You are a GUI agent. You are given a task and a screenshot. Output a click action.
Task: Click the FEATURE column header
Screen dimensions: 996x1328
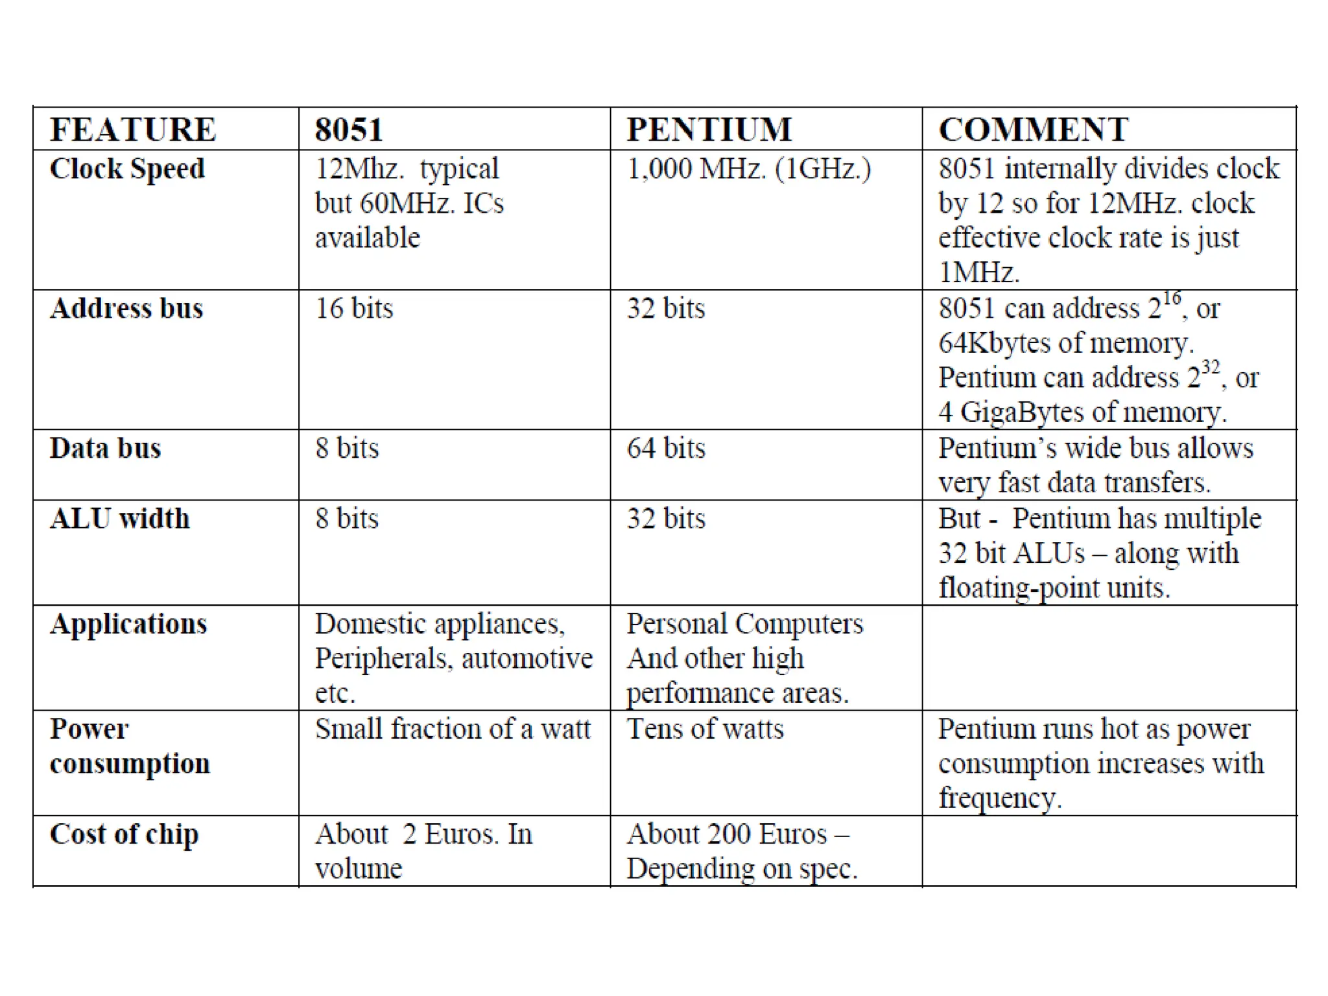pos(133,129)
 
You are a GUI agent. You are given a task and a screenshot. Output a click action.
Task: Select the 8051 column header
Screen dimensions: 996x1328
pos(349,129)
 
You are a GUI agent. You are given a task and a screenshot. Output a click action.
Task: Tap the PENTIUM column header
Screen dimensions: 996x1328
pos(709,129)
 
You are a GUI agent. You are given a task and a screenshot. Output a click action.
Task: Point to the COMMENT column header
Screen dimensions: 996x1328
pos(1034,129)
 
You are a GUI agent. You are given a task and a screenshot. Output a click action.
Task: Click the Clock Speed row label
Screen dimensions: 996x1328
pos(127,169)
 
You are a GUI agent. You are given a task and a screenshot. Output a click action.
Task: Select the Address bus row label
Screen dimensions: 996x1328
pos(126,308)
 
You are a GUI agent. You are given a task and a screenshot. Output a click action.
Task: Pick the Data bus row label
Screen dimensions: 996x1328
pos(105,448)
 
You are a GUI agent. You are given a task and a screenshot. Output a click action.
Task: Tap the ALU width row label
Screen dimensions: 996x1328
pos(120,519)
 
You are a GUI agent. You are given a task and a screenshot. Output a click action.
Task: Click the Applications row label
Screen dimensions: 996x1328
pos(128,624)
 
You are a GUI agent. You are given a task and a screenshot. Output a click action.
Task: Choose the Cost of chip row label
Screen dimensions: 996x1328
pos(124,835)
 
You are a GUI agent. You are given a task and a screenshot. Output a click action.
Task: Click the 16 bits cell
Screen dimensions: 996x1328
pos(354,308)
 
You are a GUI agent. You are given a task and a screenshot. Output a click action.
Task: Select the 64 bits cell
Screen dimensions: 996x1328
pos(666,448)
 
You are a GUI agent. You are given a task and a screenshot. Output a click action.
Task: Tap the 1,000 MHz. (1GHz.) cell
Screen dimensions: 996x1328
pos(749,169)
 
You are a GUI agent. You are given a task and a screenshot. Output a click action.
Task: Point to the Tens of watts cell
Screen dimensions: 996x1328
pos(705,729)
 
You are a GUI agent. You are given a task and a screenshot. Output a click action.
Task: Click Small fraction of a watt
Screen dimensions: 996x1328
pos(453,729)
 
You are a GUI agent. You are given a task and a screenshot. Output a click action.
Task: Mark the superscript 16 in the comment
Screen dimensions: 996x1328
pos(1172,299)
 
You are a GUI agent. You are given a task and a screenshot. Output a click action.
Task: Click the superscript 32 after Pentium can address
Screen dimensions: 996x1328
pos(1211,368)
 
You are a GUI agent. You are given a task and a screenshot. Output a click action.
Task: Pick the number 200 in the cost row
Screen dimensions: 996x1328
pos(729,835)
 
